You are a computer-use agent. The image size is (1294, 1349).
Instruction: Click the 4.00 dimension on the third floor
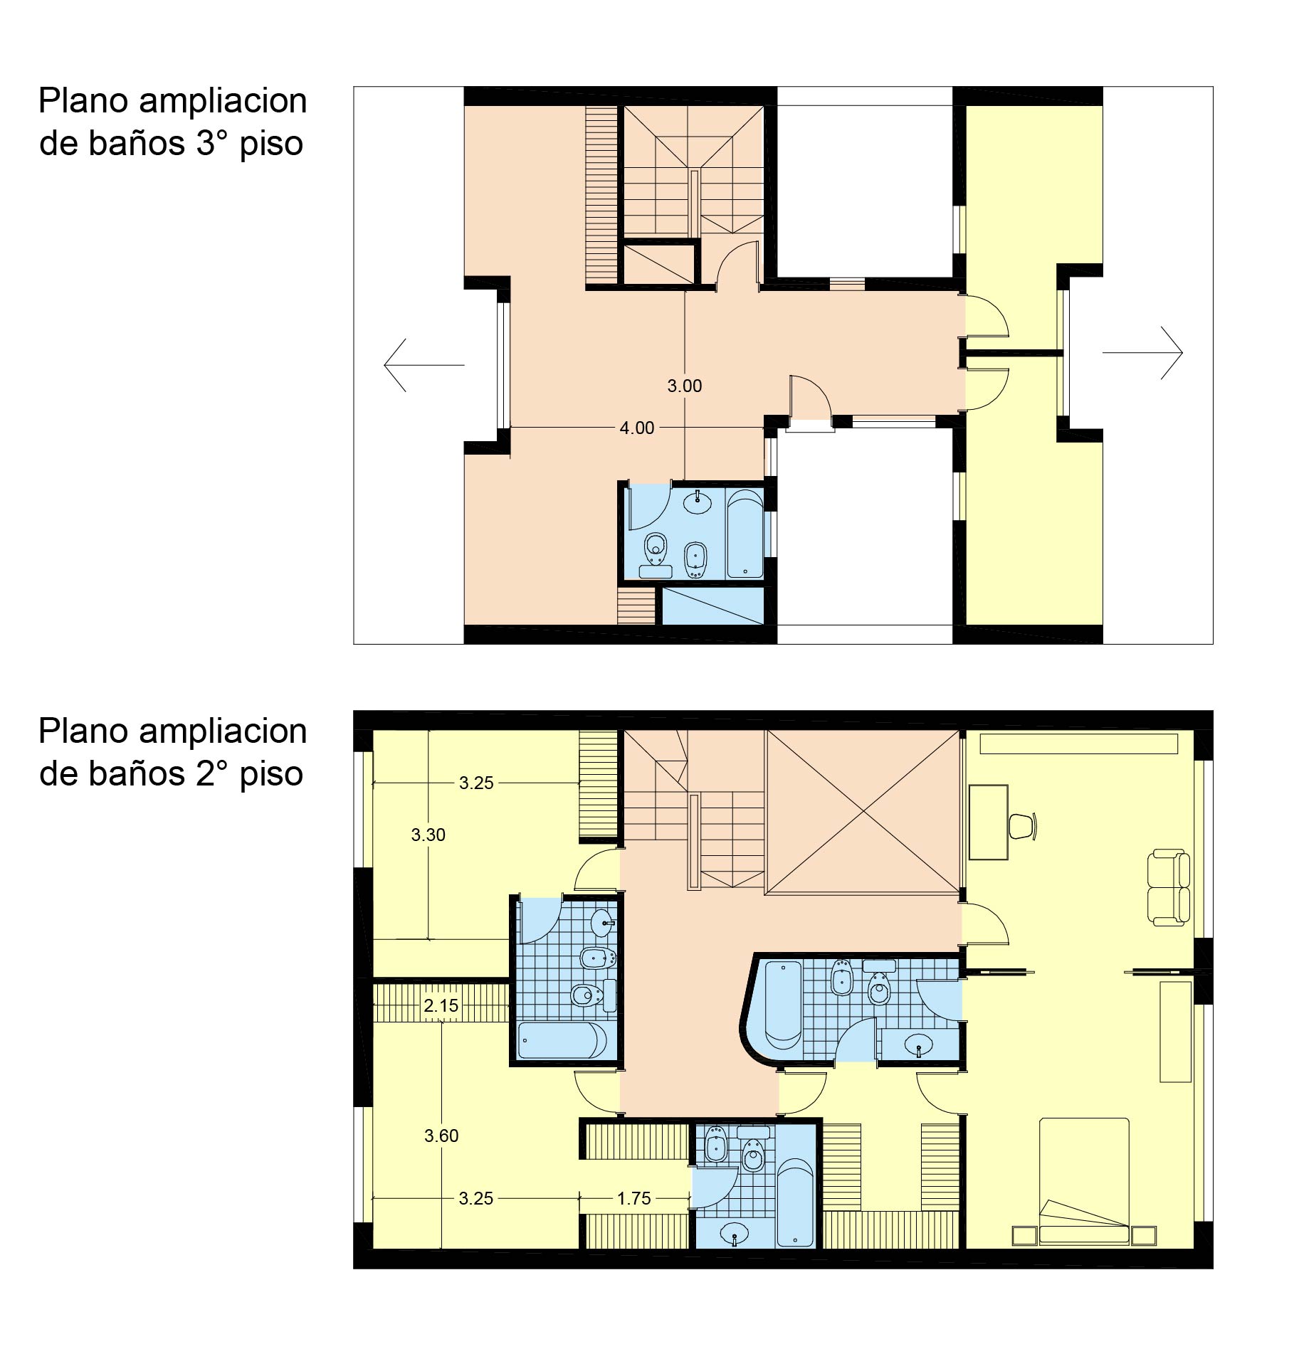[x=636, y=428]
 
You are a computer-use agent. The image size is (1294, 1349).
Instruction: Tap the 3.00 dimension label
[x=684, y=386]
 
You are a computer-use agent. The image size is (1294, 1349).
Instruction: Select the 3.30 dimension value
[x=428, y=835]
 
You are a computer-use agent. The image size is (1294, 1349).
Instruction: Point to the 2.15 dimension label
[x=441, y=1006]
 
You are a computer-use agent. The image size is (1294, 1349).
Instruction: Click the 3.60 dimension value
[x=441, y=1136]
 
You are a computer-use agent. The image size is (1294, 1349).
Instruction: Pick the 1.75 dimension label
[x=633, y=1199]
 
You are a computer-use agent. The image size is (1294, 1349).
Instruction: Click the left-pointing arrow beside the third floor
[x=424, y=365]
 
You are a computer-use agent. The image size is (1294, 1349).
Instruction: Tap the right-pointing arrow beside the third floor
[x=1142, y=352]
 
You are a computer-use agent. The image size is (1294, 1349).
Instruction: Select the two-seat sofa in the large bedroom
[x=1168, y=887]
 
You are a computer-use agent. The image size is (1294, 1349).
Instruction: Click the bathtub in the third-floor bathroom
[x=744, y=533]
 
